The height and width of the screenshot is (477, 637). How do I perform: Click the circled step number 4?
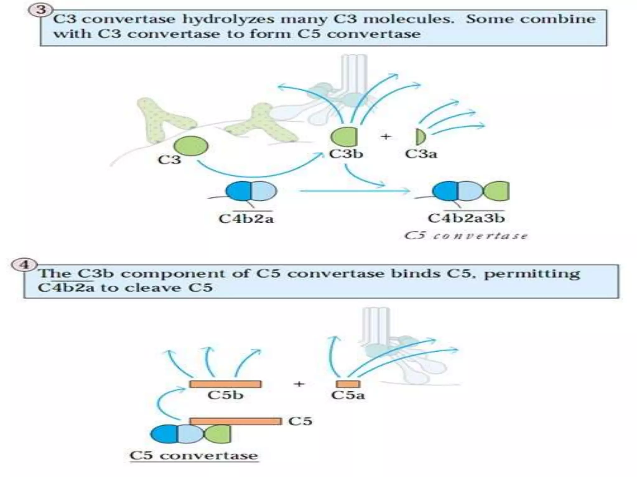coord(24,265)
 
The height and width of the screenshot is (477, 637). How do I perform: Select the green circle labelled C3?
coord(191,146)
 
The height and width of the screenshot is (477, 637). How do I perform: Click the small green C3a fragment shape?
coord(420,137)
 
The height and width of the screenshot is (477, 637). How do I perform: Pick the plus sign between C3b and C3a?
coord(386,136)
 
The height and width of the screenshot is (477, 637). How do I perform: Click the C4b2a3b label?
coord(466,218)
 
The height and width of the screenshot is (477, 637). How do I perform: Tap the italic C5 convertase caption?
coord(466,236)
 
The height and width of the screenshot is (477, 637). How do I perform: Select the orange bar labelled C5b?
coord(225,384)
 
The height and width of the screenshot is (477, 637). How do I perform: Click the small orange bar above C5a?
coord(348,384)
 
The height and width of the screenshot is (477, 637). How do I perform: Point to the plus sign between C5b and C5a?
coord(299,384)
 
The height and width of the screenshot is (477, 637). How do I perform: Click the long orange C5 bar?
coord(235,421)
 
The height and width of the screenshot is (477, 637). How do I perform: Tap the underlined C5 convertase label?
coord(194,455)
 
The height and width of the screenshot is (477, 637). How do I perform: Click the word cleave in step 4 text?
coord(155,288)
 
